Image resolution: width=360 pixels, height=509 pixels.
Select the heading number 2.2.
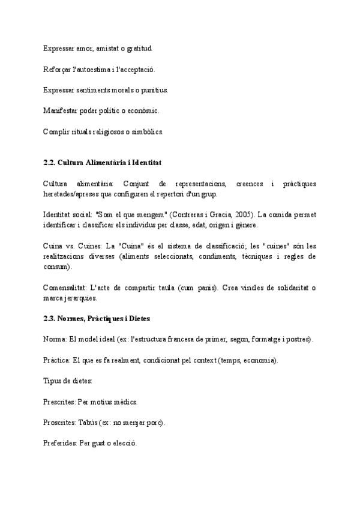(x=49, y=163)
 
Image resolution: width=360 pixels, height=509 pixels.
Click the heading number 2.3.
(x=49, y=319)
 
